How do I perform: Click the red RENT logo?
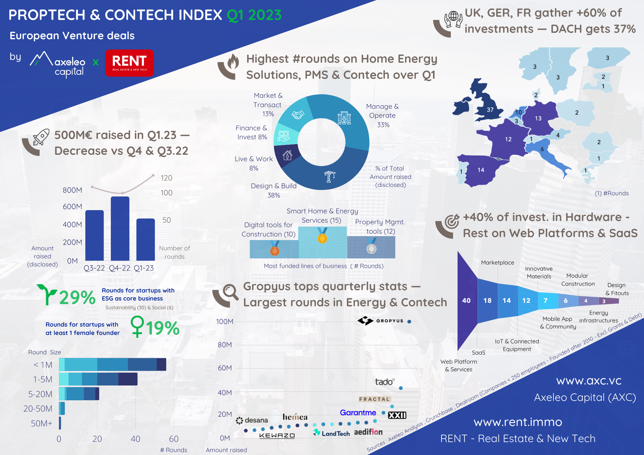point(129,63)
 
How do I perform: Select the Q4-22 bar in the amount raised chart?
point(120,228)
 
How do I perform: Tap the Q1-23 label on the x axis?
point(144,268)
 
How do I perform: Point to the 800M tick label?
point(72,190)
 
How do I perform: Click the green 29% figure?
point(77,297)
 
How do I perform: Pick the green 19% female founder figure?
point(163,328)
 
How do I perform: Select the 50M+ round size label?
point(42,423)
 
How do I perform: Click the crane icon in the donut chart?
point(330,176)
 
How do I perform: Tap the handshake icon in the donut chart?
point(298,115)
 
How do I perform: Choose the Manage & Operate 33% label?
point(383,116)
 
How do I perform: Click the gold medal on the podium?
point(322,238)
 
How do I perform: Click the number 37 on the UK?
point(490,110)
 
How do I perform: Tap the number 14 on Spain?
point(481,170)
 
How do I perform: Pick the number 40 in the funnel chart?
point(466,301)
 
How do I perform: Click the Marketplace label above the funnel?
point(497,263)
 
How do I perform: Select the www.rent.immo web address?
point(518,422)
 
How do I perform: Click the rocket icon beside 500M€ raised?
point(41,137)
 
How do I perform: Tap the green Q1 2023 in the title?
point(254,15)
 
